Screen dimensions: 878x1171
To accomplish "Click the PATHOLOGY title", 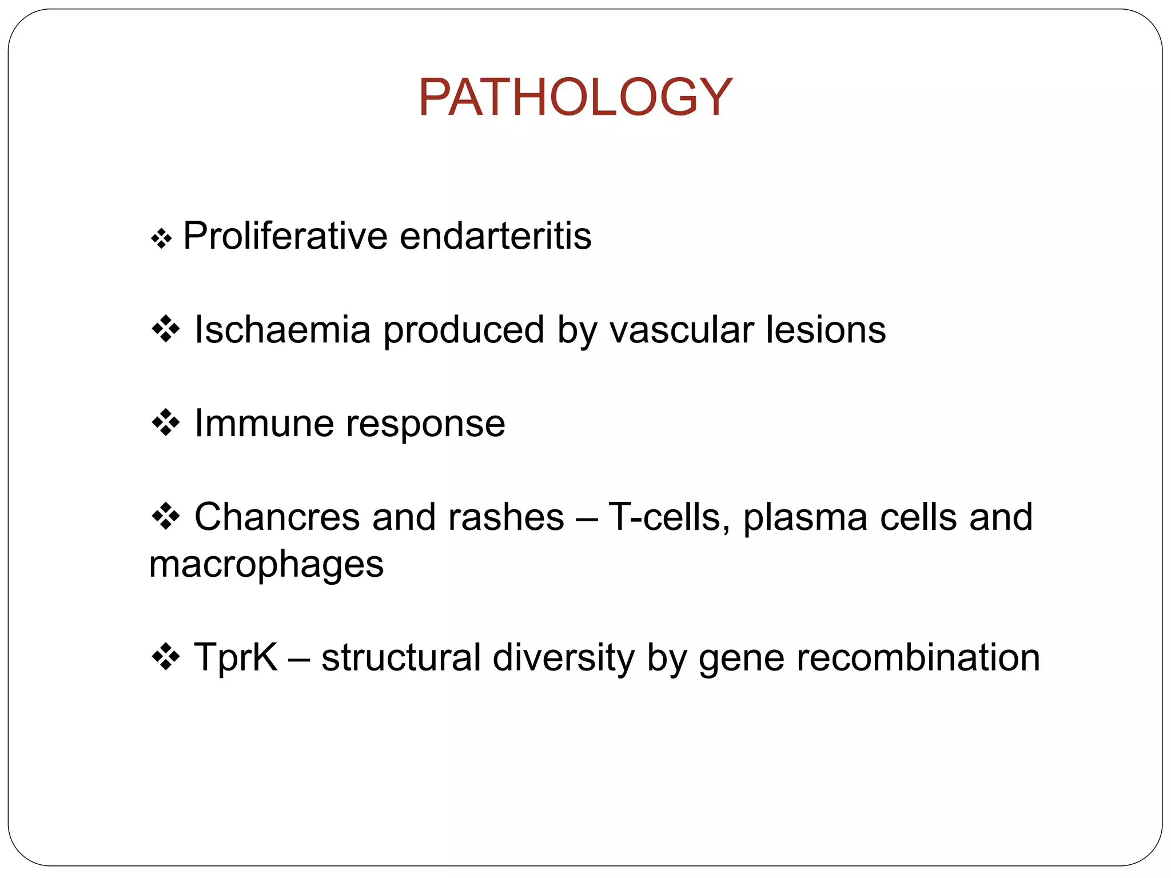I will coord(575,97).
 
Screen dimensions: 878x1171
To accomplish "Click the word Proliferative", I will coord(285,236).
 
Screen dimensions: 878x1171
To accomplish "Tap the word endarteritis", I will coord(495,236).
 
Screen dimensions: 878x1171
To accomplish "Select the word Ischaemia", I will coord(282,330).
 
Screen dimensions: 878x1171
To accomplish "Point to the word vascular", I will coord(682,330).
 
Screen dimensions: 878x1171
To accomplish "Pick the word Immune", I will coord(264,424).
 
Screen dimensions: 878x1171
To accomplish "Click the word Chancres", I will coord(277,517).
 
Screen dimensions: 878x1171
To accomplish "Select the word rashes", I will coord(506,517).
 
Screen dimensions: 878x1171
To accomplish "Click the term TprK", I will coord(236,657).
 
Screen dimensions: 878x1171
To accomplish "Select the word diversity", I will coord(563,657).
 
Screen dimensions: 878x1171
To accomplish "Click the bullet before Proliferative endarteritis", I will coord(161,238).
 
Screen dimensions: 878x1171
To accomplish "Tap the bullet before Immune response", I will coord(166,423).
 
